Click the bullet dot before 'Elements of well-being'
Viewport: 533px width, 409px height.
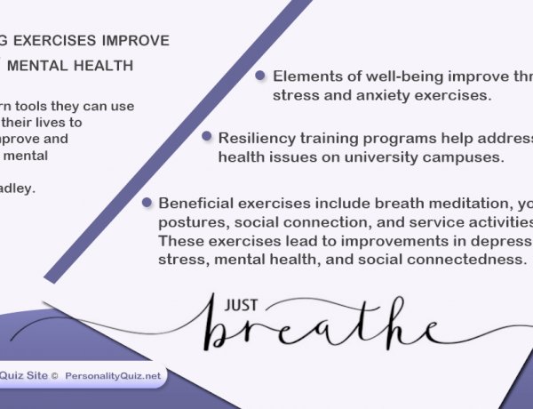tap(260, 76)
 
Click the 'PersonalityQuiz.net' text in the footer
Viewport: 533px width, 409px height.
tap(113, 376)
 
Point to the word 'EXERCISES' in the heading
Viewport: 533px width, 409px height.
tap(54, 41)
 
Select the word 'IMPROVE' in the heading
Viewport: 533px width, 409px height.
tap(138, 41)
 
